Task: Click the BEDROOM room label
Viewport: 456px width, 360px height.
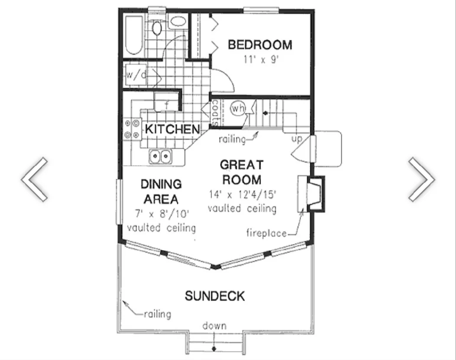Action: pos(260,45)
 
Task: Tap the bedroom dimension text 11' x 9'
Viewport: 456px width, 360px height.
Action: pos(262,60)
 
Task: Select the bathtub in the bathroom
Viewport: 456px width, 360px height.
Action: pos(134,35)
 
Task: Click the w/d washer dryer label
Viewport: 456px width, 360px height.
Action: pos(136,75)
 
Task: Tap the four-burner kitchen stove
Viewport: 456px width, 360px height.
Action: pos(132,129)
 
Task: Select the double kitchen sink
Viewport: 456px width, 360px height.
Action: pos(161,157)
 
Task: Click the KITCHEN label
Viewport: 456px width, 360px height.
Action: pos(172,129)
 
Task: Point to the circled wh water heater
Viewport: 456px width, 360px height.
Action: pos(238,109)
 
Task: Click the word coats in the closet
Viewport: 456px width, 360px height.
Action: pos(216,113)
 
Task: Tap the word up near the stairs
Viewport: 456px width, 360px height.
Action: pos(297,139)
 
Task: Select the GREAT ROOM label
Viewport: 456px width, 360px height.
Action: pos(242,172)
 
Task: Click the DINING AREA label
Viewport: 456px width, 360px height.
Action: pos(161,192)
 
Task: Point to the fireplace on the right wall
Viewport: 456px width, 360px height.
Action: pos(311,194)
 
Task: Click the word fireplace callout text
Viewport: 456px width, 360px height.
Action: pos(266,233)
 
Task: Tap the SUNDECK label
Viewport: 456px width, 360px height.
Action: pos(215,296)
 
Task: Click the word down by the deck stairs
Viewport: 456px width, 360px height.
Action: pos(215,326)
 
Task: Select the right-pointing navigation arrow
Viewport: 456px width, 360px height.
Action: pos(422,180)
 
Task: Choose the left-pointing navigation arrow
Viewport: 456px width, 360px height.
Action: pos(34,180)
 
